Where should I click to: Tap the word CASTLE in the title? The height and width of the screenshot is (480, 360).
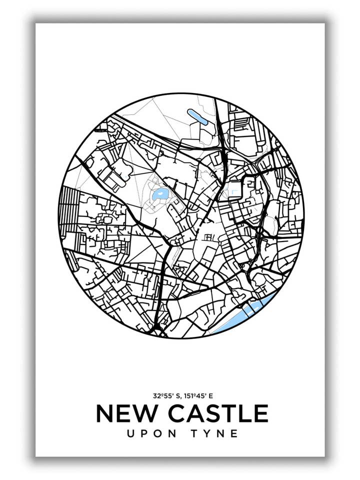(217, 413)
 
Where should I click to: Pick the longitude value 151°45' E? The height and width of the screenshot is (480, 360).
(198, 395)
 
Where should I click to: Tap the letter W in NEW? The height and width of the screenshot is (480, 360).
(144, 413)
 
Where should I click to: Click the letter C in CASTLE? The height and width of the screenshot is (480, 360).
(177, 413)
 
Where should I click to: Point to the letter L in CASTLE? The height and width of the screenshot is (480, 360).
(244, 413)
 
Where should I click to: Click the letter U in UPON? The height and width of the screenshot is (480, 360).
(131, 433)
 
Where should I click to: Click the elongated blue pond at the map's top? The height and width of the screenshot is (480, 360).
(196, 116)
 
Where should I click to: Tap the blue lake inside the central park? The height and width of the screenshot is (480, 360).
(160, 194)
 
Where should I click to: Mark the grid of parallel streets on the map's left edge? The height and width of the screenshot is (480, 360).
(68, 210)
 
